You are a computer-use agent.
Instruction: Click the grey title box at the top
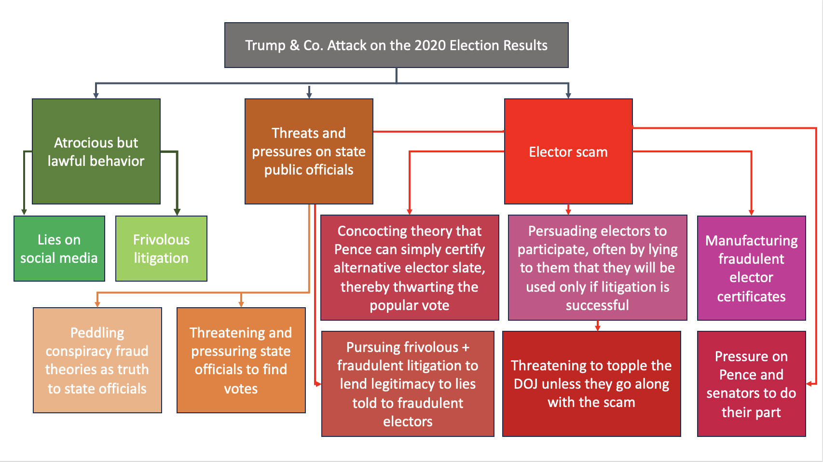click(x=396, y=45)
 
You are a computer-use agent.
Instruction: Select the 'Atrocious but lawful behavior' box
click(x=96, y=151)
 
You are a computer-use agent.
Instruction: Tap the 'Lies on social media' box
click(x=59, y=248)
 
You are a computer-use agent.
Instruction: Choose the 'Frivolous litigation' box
click(x=161, y=248)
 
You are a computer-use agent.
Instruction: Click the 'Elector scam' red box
click(x=568, y=151)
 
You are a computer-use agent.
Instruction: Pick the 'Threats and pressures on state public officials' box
click(x=308, y=151)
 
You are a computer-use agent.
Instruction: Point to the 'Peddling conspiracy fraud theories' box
click(x=97, y=360)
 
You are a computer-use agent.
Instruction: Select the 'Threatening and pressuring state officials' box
click(x=241, y=360)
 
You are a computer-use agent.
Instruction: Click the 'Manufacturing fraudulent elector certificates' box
click(x=751, y=268)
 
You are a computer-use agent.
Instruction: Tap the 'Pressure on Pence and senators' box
click(x=751, y=383)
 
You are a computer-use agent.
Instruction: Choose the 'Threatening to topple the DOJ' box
click(x=591, y=383)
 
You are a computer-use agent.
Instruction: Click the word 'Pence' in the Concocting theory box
click(x=353, y=249)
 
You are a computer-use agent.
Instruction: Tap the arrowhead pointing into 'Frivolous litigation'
click(x=177, y=212)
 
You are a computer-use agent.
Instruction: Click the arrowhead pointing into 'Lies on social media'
click(x=24, y=212)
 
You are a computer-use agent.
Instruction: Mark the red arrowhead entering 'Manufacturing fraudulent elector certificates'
click(x=751, y=212)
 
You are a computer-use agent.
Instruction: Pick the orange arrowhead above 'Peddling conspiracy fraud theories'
click(x=97, y=304)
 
